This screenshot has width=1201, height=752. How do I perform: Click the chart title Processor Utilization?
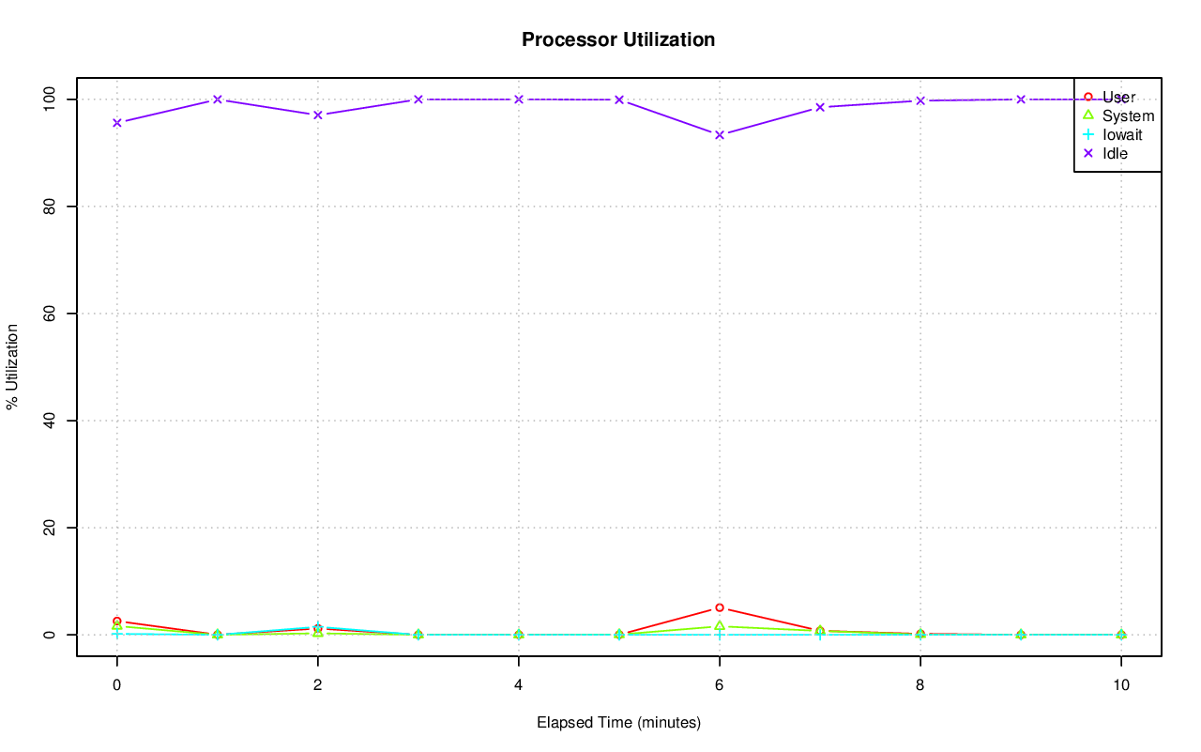coord(618,39)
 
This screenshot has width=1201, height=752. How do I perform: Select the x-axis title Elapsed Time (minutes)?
coord(618,723)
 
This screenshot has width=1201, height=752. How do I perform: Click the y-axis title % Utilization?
coord(12,366)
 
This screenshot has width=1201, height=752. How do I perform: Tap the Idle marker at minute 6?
coord(720,135)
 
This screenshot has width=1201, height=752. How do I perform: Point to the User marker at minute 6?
coord(720,607)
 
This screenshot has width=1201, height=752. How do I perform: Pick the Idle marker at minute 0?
coord(117,123)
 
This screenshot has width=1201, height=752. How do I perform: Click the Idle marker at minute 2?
coord(318,115)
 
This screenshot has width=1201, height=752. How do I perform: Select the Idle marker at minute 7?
coord(820,107)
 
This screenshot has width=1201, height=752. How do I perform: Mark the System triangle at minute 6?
coord(720,625)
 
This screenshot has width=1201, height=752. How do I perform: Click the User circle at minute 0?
coord(117,622)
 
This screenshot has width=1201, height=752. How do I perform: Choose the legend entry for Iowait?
coord(1122,134)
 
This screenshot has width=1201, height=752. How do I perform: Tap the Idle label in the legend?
coord(1115,153)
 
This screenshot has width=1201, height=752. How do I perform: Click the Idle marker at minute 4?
coord(519,100)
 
